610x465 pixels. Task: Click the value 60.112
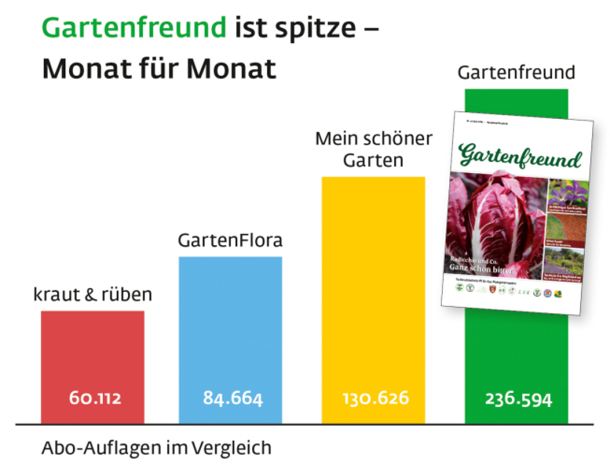[95, 398]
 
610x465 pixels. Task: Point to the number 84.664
[233, 398]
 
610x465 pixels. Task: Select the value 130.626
[376, 398]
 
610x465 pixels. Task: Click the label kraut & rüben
[93, 294]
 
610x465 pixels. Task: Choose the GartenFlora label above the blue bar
[230, 240]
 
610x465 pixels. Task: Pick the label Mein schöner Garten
[374, 149]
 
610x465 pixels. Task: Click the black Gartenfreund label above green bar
[516, 72]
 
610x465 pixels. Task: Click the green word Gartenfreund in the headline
[134, 28]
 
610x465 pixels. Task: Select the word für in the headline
[159, 68]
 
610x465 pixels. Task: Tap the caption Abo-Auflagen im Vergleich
[157, 448]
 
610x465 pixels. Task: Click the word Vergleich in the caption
[231, 448]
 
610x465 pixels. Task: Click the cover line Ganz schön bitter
[481, 268]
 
